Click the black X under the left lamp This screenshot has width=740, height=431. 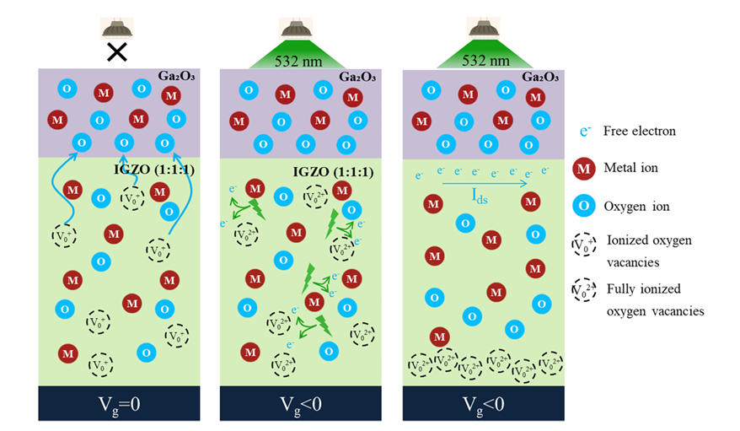[x=117, y=52]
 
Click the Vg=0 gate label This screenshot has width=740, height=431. [x=119, y=405]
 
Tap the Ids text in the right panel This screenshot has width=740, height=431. [x=480, y=196]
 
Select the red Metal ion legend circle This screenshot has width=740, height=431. [x=584, y=169]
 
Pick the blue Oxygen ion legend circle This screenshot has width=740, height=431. [x=584, y=206]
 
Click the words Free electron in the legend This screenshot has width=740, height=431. [x=640, y=131]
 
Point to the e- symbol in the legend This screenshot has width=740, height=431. [x=585, y=131]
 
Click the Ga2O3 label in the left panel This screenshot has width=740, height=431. [x=176, y=76]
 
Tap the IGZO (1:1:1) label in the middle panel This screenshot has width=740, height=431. [x=333, y=171]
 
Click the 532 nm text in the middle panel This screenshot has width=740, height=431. [x=298, y=62]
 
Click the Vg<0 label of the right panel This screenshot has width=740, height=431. [x=483, y=405]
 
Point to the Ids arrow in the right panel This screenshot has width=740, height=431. [x=485, y=184]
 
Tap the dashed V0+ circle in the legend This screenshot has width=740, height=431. [x=584, y=245]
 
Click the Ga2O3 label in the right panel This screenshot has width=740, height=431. [x=540, y=77]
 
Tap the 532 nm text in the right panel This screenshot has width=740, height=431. [x=485, y=61]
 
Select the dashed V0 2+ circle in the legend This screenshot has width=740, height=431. [x=584, y=290]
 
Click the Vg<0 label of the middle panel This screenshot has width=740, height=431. [x=301, y=405]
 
